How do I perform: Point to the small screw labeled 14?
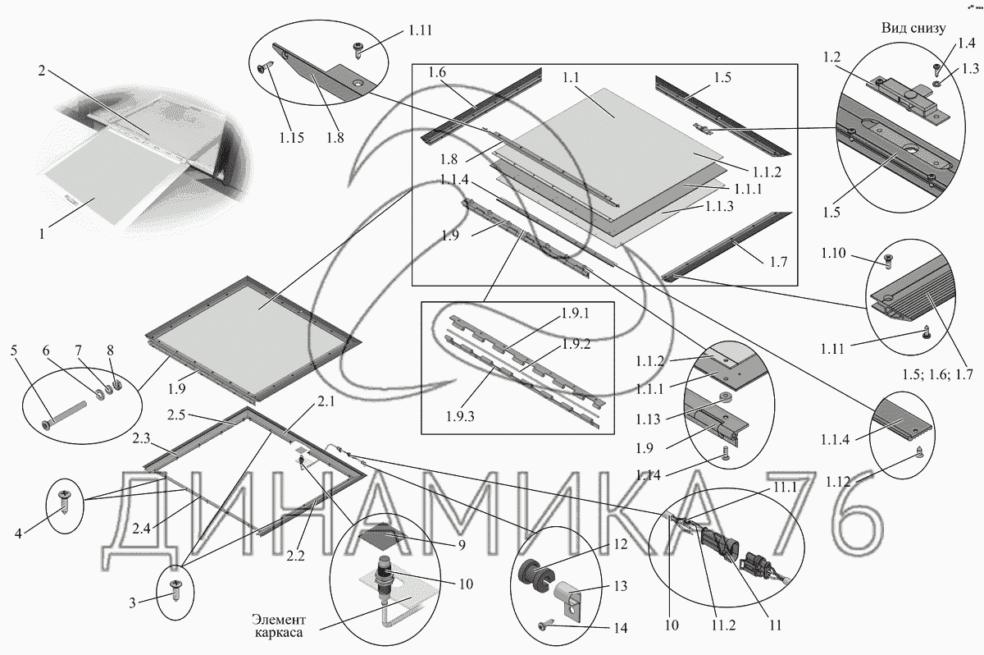547,626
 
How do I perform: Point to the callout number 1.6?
437,73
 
